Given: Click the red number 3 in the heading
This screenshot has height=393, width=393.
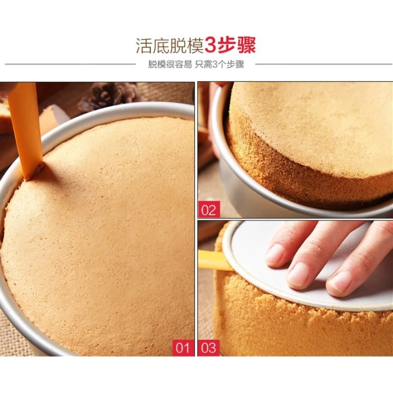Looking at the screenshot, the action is pyautogui.click(x=210, y=45).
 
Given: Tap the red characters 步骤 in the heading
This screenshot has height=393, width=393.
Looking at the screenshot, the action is pyautogui.click(x=236, y=45).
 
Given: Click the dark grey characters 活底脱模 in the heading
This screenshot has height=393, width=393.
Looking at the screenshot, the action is pyautogui.click(x=169, y=45).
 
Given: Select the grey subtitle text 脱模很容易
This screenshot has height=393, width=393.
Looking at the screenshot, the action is pyautogui.click(x=170, y=64).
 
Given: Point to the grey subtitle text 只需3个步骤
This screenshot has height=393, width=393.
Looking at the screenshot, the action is pyautogui.click(x=220, y=64).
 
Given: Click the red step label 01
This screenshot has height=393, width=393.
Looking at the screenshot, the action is pyautogui.click(x=183, y=348).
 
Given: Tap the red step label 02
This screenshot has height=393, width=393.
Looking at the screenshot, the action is pyautogui.click(x=209, y=209).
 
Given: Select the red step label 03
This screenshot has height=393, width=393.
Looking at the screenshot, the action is pyautogui.click(x=209, y=348).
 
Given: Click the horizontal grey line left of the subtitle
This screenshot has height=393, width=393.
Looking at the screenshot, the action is pyautogui.click(x=70, y=64).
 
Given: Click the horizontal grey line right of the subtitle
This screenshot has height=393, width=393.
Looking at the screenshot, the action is pyautogui.click(x=324, y=64).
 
